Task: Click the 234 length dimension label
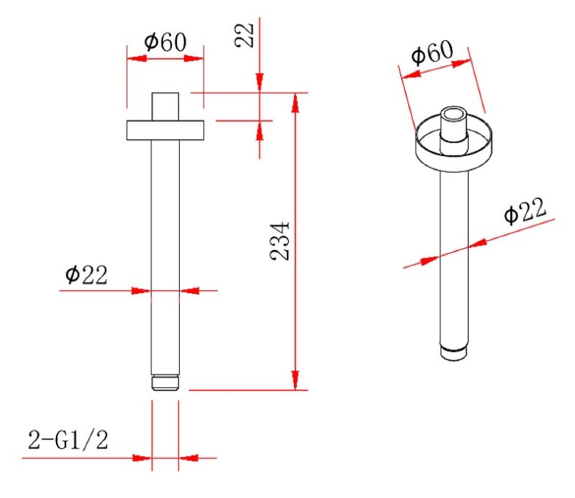click(x=279, y=241)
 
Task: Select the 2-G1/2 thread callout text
click(x=68, y=440)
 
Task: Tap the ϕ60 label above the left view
click(x=165, y=42)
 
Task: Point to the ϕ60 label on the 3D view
click(x=432, y=52)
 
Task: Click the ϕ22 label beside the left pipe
click(x=87, y=274)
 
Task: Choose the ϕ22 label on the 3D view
click(x=525, y=211)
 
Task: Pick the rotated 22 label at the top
click(x=245, y=35)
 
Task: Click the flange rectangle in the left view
click(x=165, y=130)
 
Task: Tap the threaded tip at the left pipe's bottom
click(x=165, y=383)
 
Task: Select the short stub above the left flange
click(x=165, y=106)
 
